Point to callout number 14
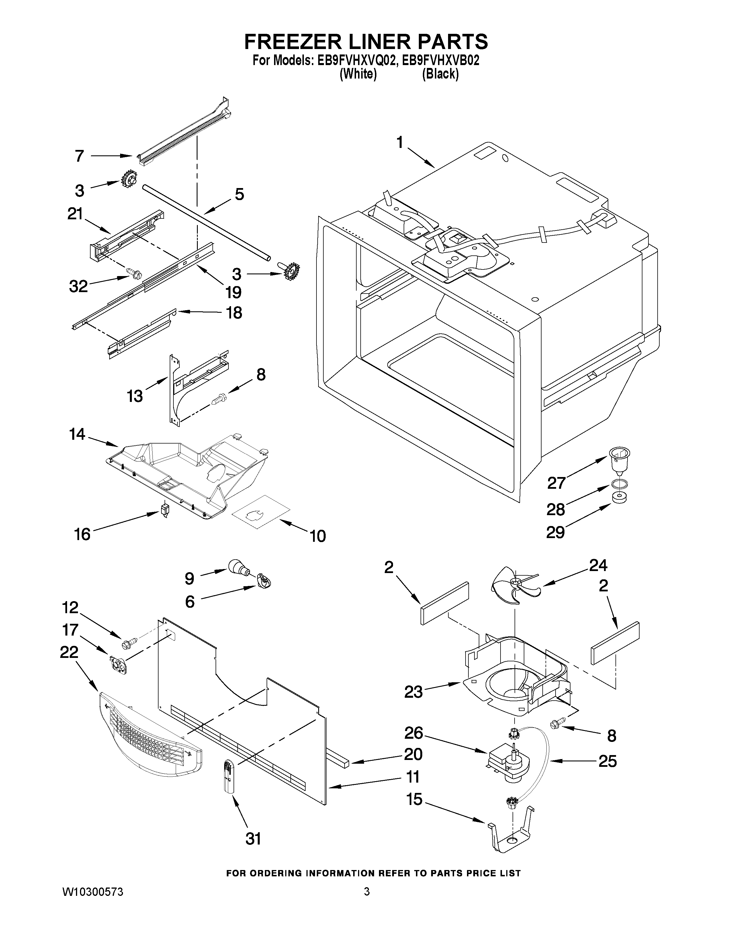[77, 434]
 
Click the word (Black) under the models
[440, 74]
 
